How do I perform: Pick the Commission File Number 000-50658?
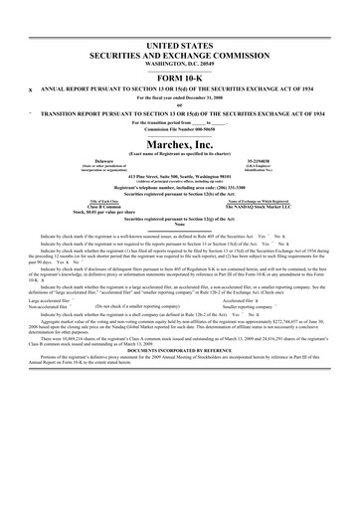coord(180,129)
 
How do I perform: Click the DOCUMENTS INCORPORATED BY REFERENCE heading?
coord(180,356)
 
